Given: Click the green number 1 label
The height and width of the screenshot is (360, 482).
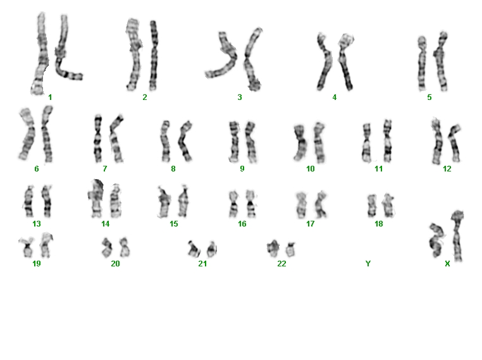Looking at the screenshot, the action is [50, 97].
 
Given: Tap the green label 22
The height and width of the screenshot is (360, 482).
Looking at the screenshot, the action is [281, 264].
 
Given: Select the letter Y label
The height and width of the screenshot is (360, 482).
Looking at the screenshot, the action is [368, 264].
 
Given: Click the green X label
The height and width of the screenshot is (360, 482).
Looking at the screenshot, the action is [447, 264].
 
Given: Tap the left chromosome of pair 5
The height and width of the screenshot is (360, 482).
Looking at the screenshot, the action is [422, 64].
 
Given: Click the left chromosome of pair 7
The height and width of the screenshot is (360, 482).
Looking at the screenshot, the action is [98, 139].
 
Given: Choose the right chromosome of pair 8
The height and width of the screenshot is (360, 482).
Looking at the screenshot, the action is [185, 141].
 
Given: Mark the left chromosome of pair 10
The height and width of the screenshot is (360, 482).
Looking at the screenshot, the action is [300, 142].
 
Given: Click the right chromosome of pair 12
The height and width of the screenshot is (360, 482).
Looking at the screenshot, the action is [455, 143].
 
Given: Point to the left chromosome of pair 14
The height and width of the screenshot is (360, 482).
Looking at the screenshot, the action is [96, 198].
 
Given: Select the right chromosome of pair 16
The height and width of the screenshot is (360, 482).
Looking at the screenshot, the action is [251, 204].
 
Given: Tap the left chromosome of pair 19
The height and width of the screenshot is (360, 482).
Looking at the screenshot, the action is [27, 247].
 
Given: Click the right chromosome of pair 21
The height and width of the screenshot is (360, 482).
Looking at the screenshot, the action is [212, 249].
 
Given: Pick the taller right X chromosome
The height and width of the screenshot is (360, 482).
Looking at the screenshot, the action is [457, 235].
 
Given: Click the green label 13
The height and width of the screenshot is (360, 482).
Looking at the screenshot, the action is [37, 224].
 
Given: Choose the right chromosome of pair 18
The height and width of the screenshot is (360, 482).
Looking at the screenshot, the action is [388, 206].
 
